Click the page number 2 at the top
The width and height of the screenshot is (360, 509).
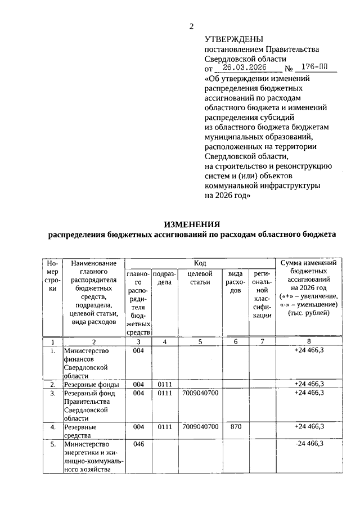click(x=191, y=26)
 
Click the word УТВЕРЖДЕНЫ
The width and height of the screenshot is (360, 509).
click(x=233, y=39)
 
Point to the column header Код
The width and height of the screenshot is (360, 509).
click(x=200, y=263)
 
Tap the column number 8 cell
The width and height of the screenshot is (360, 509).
click(x=309, y=341)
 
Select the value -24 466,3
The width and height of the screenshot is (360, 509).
click(x=309, y=444)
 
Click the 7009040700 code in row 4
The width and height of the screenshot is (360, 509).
click(x=200, y=427)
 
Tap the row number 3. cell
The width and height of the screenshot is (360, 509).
click(x=52, y=393)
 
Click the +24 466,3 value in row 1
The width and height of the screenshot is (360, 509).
click(x=309, y=350)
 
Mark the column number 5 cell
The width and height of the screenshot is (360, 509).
click(x=200, y=341)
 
